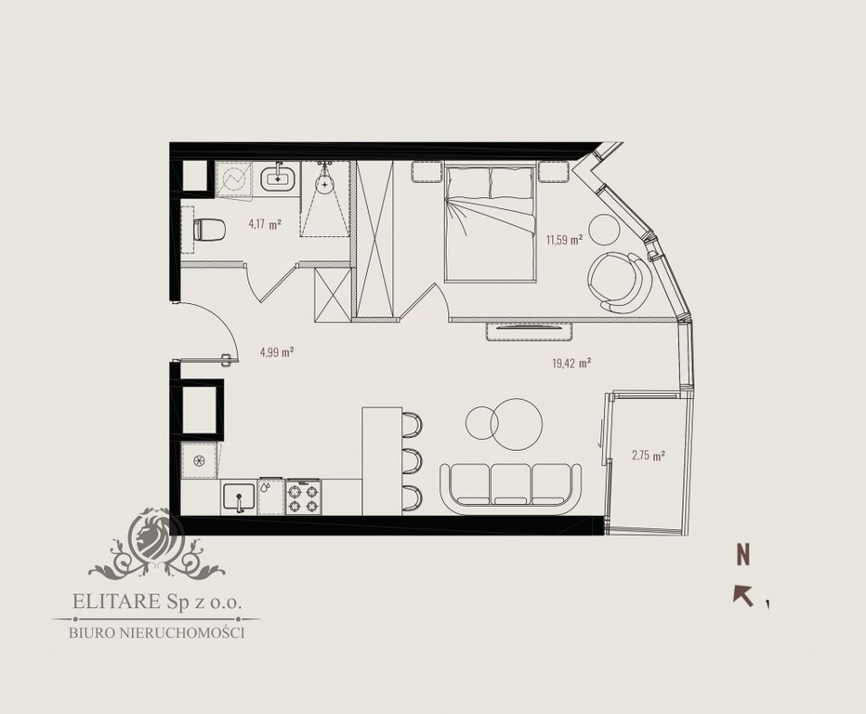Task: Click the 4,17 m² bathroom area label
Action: click(x=265, y=224)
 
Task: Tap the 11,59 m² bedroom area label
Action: click(x=565, y=240)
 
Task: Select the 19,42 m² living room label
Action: click(x=571, y=364)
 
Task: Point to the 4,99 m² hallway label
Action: click(x=276, y=352)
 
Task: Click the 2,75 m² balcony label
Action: click(x=648, y=456)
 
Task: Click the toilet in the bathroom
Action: click(x=209, y=230)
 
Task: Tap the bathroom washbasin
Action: click(x=278, y=177)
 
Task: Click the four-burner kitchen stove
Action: click(x=303, y=497)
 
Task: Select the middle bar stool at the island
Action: click(x=412, y=461)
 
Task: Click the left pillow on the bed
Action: click(x=469, y=182)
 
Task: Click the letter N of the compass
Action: click(x=744, y=555)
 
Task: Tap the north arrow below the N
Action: click(x=742, y=596)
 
